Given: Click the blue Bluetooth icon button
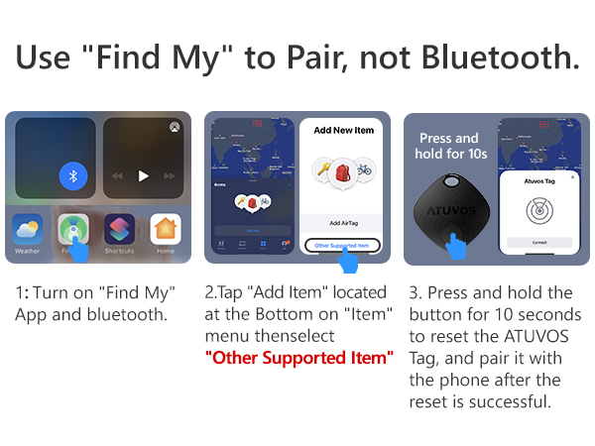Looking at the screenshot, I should [x=72, y=176].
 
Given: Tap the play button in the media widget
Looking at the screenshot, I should [x=143, y=176].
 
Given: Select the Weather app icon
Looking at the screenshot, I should [x=27, y=230].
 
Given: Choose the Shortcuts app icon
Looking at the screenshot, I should [x=120, y=230].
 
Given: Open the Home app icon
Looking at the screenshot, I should [x=166, y=230].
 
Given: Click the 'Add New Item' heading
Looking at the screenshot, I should [x=342, y=130].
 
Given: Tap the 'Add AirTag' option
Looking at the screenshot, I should [x=342, y=223].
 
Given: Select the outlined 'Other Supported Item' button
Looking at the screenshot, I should [x=342, y=244].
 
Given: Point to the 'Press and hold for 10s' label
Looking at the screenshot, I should [x=448, y=146].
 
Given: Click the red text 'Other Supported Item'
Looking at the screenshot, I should [x=299, y=357].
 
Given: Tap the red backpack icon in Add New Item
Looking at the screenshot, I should [x=342, y=170].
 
